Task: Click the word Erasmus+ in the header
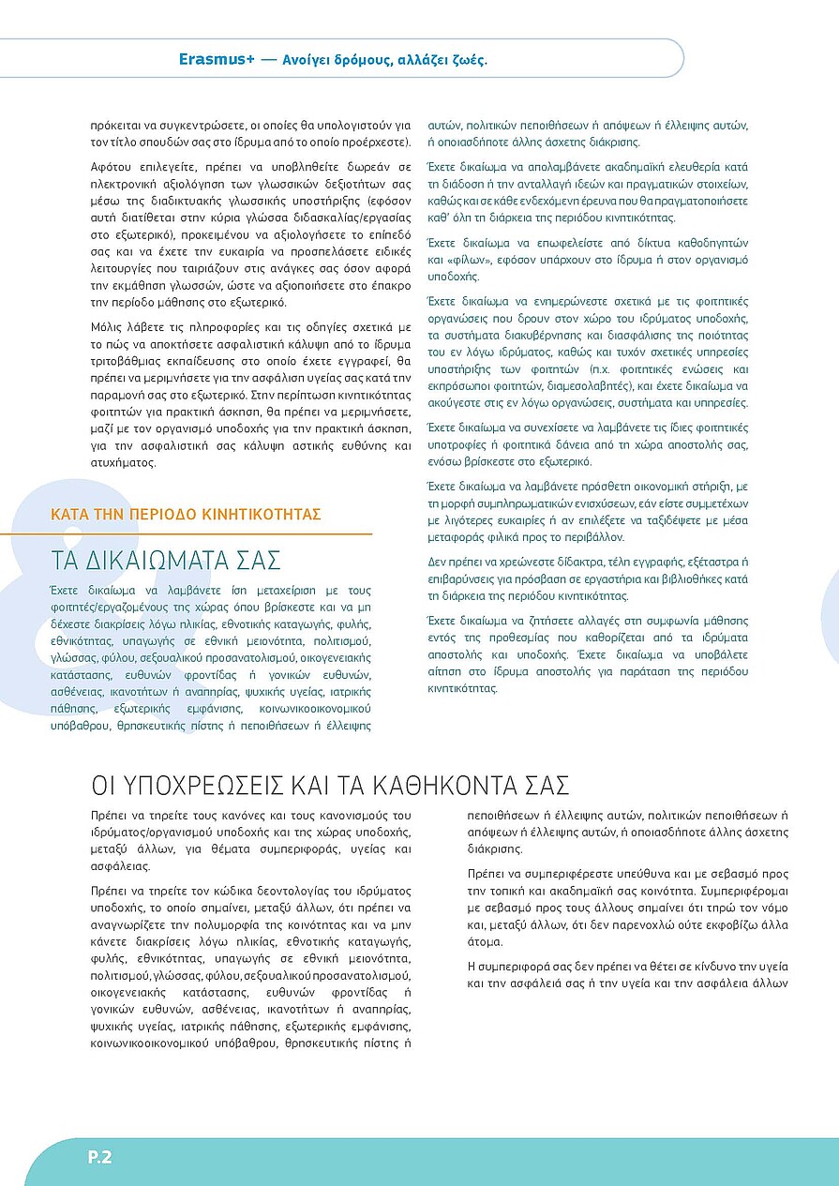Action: pyautogui.click(x=218, y=59)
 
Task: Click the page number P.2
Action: pyautogui.click(x=100, y=1157)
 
